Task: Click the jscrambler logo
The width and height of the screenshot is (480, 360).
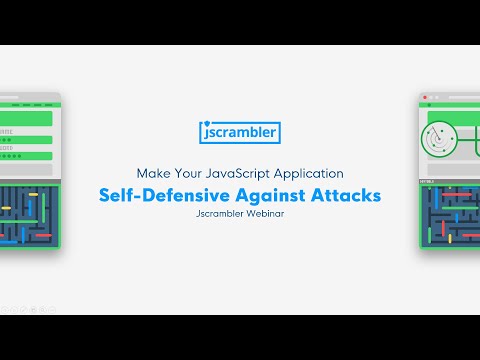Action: coord(239,131)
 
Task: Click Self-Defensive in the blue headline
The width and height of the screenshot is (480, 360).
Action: coord(160,194)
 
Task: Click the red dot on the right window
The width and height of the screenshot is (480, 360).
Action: coord(426,99)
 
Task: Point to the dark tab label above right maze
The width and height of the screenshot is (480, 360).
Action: coord(425,181)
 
